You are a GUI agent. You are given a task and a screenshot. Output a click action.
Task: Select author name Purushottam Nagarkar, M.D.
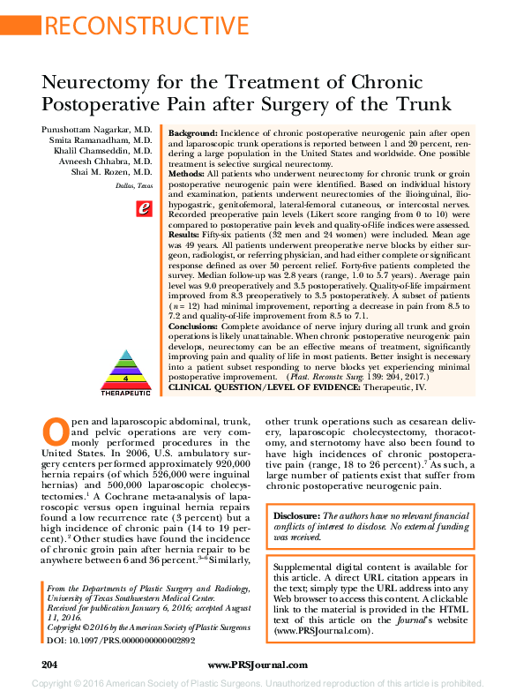point(97,129)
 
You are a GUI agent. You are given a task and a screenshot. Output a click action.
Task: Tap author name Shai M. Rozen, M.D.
point(116,172)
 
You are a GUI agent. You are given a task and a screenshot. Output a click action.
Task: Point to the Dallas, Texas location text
point(133,186)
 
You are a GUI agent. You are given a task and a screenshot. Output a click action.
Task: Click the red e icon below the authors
point(144,209)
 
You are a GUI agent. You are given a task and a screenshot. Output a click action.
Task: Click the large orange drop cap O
point(56,432)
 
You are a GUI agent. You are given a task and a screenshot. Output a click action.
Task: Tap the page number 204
point(49,664)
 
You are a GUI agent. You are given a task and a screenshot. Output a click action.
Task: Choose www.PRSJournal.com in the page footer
point(258,664)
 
